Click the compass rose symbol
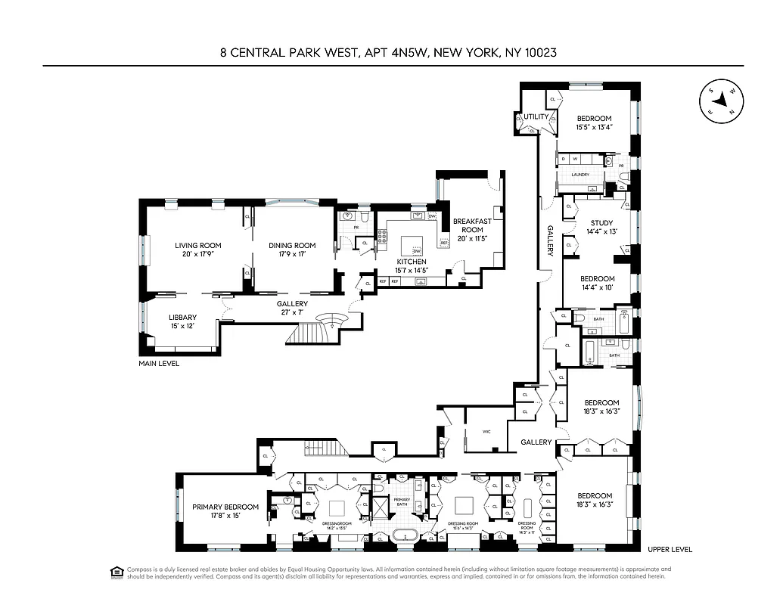coord(722,101)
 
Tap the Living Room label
coord(197,245)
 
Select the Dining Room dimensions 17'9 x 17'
coord(291,255)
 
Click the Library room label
coord(182,318)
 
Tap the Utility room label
coord(536,117)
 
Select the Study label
coord(601,222)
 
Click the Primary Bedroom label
coord(225,507)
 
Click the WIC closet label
coord(486,433)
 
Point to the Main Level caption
coord(160,364)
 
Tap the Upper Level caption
coord(670,550)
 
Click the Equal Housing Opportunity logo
coord(117,572)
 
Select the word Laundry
coord(580,175)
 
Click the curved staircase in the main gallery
coord(331,318)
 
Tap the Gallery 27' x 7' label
coord(292,309)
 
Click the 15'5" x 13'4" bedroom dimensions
coord(594,128)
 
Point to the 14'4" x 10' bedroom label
coord(597,283)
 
